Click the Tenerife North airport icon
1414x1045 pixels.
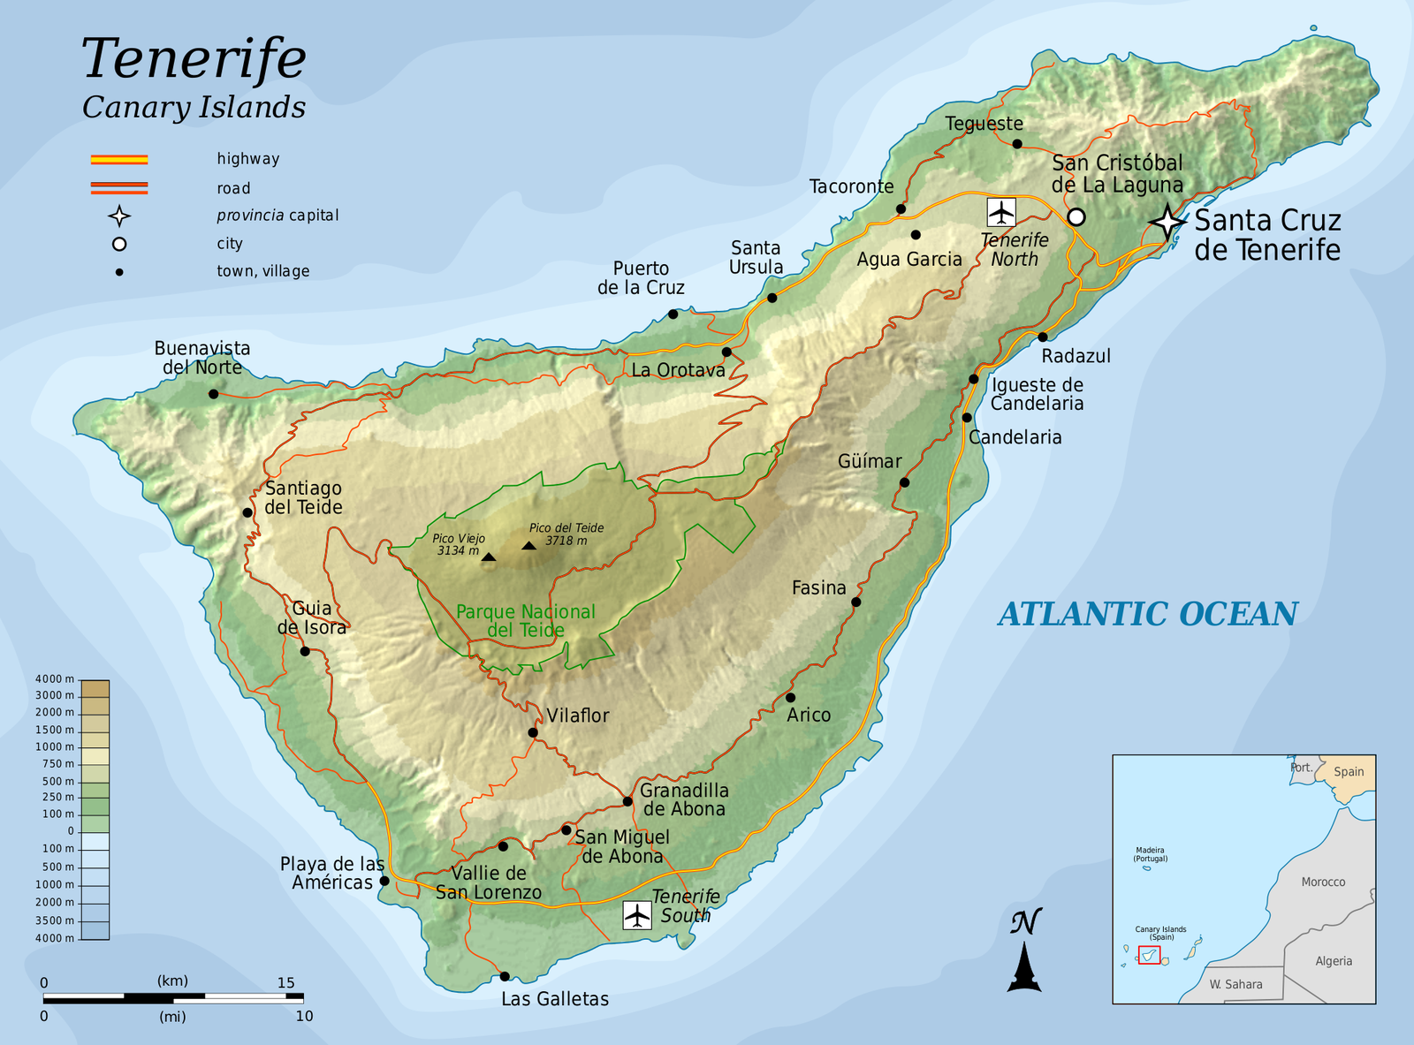(x=1000, y=212)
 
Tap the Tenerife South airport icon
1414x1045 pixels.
(x=636, y=915)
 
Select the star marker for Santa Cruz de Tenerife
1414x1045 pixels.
(x=1167, y=223)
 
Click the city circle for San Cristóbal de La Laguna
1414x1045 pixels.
(x=1076, y=216)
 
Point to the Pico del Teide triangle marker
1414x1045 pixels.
(x=528, y=546)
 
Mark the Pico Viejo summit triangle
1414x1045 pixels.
(x=489, y=557)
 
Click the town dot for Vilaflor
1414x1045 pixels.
(x=533, y=732)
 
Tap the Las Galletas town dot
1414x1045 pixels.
(x=505, y=976)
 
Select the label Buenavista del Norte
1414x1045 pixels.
(x=202, y=358)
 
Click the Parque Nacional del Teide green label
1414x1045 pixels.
(x=526, y=621)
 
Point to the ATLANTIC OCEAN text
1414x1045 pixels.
(x=1148, y=614)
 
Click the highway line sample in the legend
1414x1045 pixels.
(x=119, y=160)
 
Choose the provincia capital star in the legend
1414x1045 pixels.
(x=119, y=216)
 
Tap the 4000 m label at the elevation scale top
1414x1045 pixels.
(x=55, y=678)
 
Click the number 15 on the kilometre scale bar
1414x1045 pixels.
(x=285, y=982)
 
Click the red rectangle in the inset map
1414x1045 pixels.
(x=1149, y=955)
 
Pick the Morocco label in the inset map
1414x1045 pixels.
(x=1323, y=882)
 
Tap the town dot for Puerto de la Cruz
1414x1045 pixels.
(x=673, y=314)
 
